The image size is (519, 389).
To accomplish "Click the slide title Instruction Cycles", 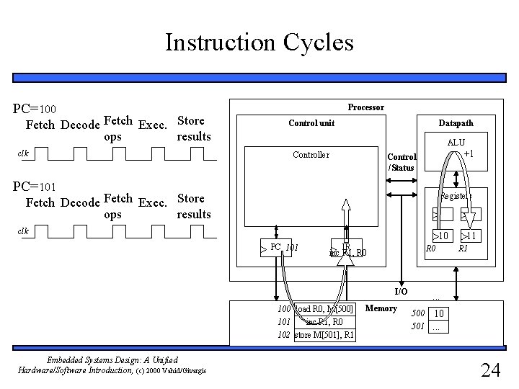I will [259, 43].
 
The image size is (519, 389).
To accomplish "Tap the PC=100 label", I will [40, 109].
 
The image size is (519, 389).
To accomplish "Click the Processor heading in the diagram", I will [365, 107].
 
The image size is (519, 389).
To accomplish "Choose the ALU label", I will [456, 143].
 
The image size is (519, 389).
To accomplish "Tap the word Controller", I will [311, 155].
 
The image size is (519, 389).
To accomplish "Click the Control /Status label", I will [402, 162].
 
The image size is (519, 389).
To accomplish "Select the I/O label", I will [401, 291].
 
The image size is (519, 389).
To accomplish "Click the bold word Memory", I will [381, 308].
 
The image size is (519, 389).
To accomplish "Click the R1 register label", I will [463, 249].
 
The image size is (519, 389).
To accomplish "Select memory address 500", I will [418, 313].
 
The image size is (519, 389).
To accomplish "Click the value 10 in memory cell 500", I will [439, 313].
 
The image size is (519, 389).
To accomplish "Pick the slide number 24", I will [490, 370].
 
